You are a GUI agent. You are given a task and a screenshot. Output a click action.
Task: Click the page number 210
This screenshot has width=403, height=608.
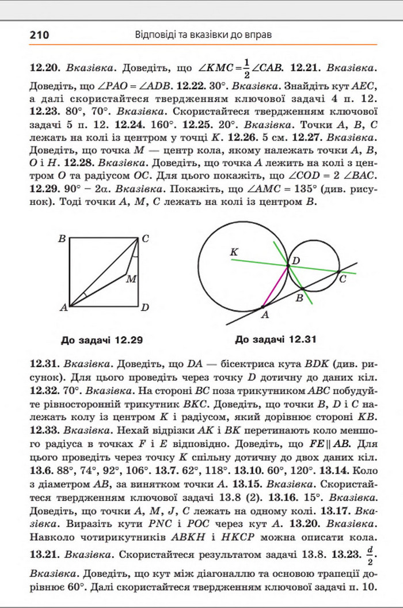point(39,35)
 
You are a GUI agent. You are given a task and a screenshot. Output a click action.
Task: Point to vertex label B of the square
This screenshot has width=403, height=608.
point(61,238)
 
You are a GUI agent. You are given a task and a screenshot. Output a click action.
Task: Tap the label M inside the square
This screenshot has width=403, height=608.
point(131,279)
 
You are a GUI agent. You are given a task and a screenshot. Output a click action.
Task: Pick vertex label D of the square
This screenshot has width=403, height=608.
point(145,307)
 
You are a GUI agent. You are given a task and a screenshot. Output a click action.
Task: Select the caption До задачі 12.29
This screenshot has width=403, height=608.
point(102,340)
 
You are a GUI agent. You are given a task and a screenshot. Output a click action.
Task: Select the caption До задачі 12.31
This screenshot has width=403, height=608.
point(276,339)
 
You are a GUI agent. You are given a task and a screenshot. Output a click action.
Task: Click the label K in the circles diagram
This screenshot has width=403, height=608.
point(233,252)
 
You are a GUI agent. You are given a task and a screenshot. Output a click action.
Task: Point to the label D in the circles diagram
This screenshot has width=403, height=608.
point(296,261)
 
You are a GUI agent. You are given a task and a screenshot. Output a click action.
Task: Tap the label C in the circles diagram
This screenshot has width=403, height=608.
point(343,279)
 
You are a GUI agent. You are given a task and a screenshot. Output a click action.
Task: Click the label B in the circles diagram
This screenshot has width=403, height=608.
point(299,298)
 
